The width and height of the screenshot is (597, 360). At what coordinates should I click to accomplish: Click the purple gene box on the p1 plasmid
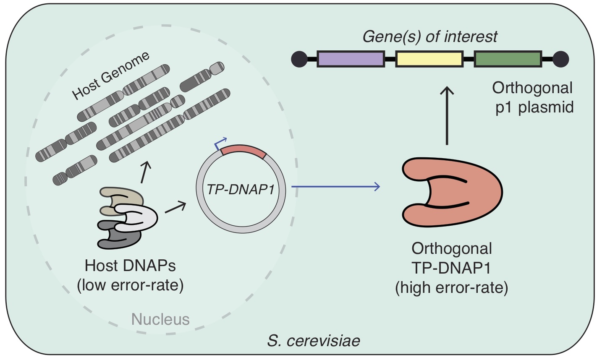(351, 59)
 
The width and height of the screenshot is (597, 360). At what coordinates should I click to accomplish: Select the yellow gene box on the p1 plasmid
(429, 59)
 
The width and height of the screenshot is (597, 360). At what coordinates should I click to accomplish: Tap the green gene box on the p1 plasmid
(508, 59)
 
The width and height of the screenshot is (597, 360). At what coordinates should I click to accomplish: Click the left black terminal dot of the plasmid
(299, 59)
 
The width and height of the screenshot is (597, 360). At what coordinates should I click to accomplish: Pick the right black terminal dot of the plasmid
(560, 59)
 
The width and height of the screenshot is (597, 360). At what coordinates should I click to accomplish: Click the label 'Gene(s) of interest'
(429, 37)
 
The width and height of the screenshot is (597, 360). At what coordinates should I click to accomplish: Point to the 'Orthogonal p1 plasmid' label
(532, 97)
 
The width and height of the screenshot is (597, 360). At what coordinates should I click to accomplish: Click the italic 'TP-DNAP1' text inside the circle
(241, 190)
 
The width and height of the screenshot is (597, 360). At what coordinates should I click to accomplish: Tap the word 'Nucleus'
(160, 319)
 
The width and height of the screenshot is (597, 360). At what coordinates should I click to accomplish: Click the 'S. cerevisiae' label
(313, 341)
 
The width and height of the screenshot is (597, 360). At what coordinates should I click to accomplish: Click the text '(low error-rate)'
(130, 286)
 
